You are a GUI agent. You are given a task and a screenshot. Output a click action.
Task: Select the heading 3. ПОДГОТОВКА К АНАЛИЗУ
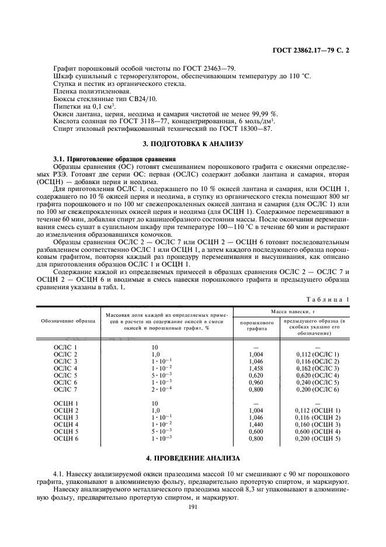(193, 143)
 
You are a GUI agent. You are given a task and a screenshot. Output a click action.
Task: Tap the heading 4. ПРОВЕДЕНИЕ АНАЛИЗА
(193, 456)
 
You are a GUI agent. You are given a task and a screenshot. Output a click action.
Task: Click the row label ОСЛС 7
(65, 389)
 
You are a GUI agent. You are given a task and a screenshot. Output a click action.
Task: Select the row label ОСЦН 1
(65, 403)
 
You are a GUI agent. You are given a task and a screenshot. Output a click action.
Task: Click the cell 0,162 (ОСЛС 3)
(317, 368)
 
